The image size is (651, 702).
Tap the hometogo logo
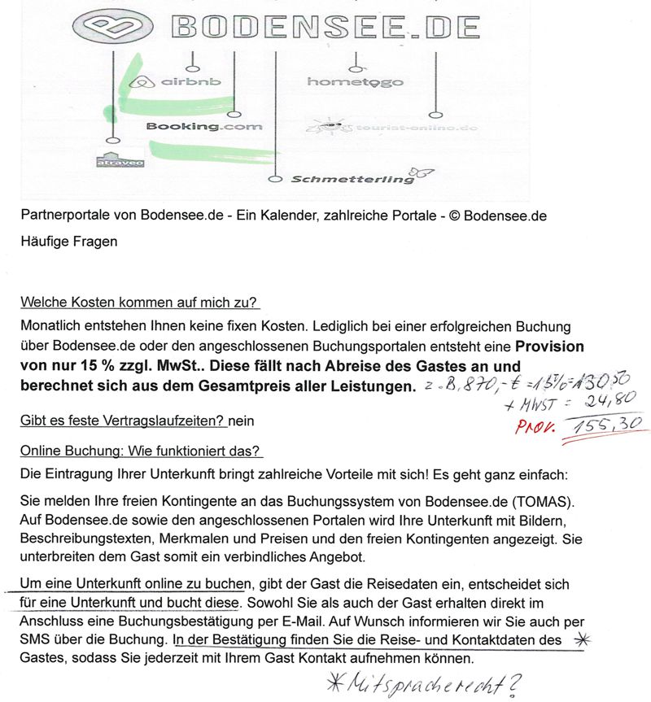tap(355, 82)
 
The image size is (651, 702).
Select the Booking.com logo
tap(204, 127)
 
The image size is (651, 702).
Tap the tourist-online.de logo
tap(390, 128)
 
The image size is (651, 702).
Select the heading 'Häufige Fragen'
tap(69, 242)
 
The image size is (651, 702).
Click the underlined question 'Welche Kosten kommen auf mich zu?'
tap(139, 303)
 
